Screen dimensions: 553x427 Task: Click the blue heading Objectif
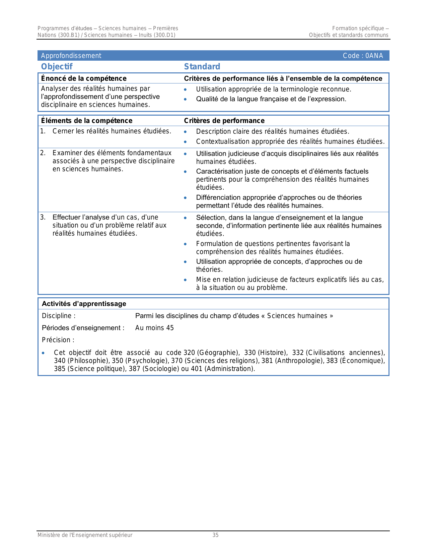tap(57, 67)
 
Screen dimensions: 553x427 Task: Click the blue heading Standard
tap(202, 67)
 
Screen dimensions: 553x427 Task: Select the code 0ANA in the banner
tap(374, 56)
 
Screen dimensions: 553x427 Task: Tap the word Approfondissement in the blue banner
tap(71, 56)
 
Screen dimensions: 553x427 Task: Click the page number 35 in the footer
tap(215, 535)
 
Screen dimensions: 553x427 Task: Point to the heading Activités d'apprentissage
tap(84, 304)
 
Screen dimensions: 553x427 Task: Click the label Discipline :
tap(59, 316)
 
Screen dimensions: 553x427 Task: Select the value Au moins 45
tap(154, 328)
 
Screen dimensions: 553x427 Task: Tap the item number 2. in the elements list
tap(43, 153)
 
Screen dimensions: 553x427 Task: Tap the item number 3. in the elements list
tap(43, 217)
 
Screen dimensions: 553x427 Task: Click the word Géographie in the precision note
tap(218, 353)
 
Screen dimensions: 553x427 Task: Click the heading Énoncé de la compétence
tap(84, 78)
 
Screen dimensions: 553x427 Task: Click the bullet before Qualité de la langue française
tap(185, 99)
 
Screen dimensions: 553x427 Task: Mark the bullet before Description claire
tap(185, 132)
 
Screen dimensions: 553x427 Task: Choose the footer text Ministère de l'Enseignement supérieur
tap(85, 535)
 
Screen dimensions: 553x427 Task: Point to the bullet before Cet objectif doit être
tap(43, 353)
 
